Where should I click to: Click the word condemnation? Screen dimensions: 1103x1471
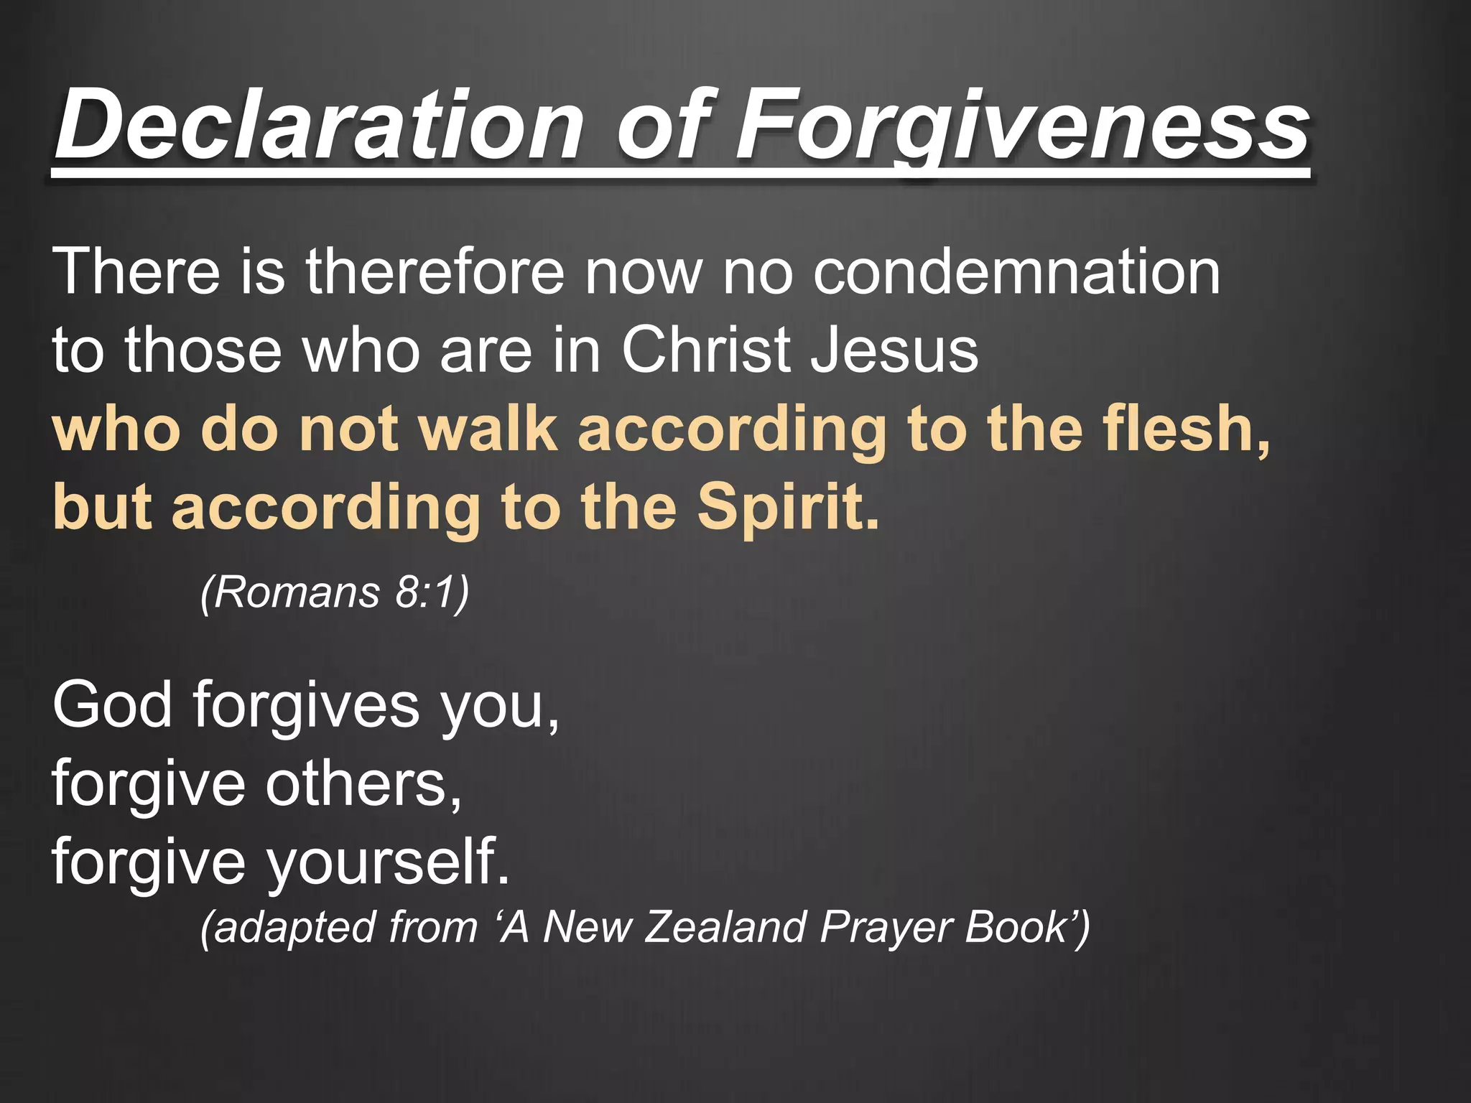click(1016, 272)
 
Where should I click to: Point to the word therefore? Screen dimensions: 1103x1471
click(435, 272)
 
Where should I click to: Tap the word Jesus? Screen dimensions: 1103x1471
click(894, 350)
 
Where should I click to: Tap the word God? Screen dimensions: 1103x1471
click(113, 705)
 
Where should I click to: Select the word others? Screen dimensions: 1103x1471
click(363, 783)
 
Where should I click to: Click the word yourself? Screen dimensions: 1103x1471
click(388, 862)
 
